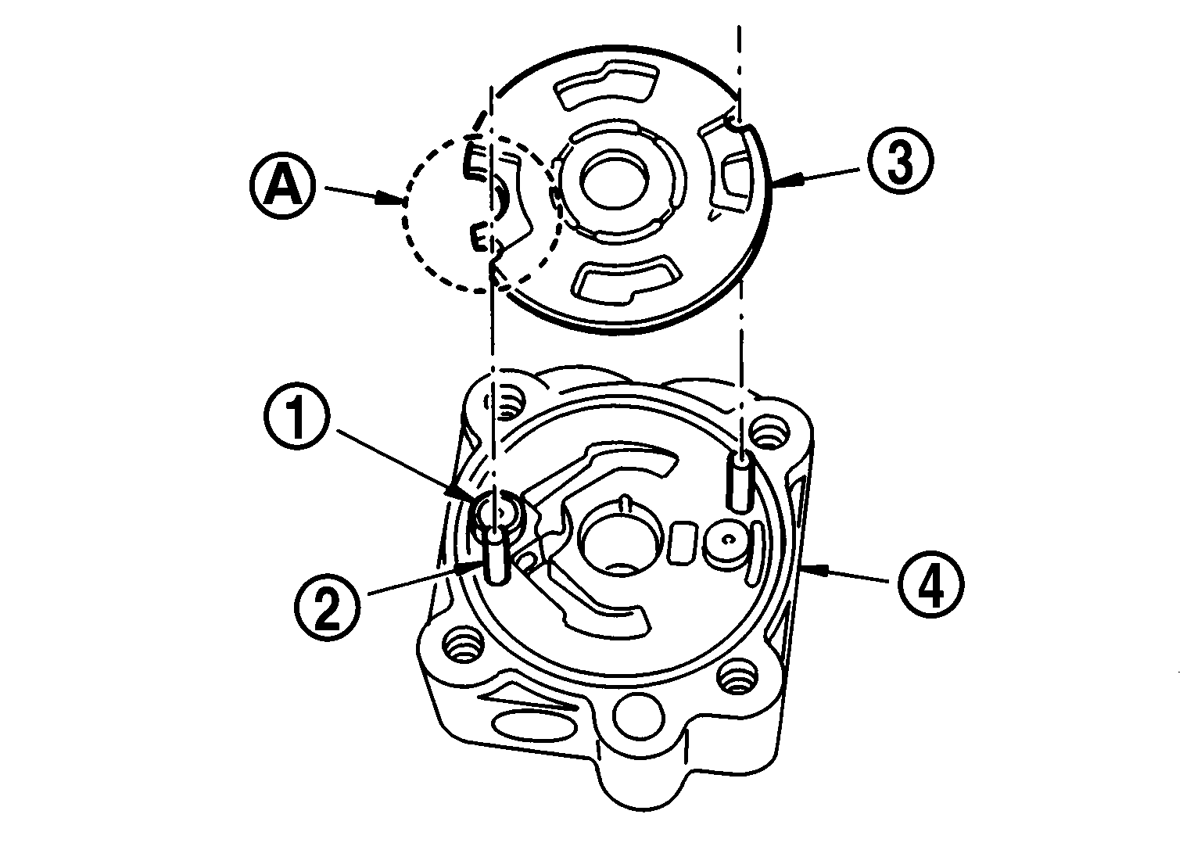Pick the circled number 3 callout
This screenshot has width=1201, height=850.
(x=899, y=163)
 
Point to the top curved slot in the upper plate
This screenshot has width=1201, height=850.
(x=602, y=88)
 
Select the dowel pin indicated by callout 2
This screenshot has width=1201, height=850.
(x=496, y=556)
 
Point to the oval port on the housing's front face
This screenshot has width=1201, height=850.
(x=533, y=724)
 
